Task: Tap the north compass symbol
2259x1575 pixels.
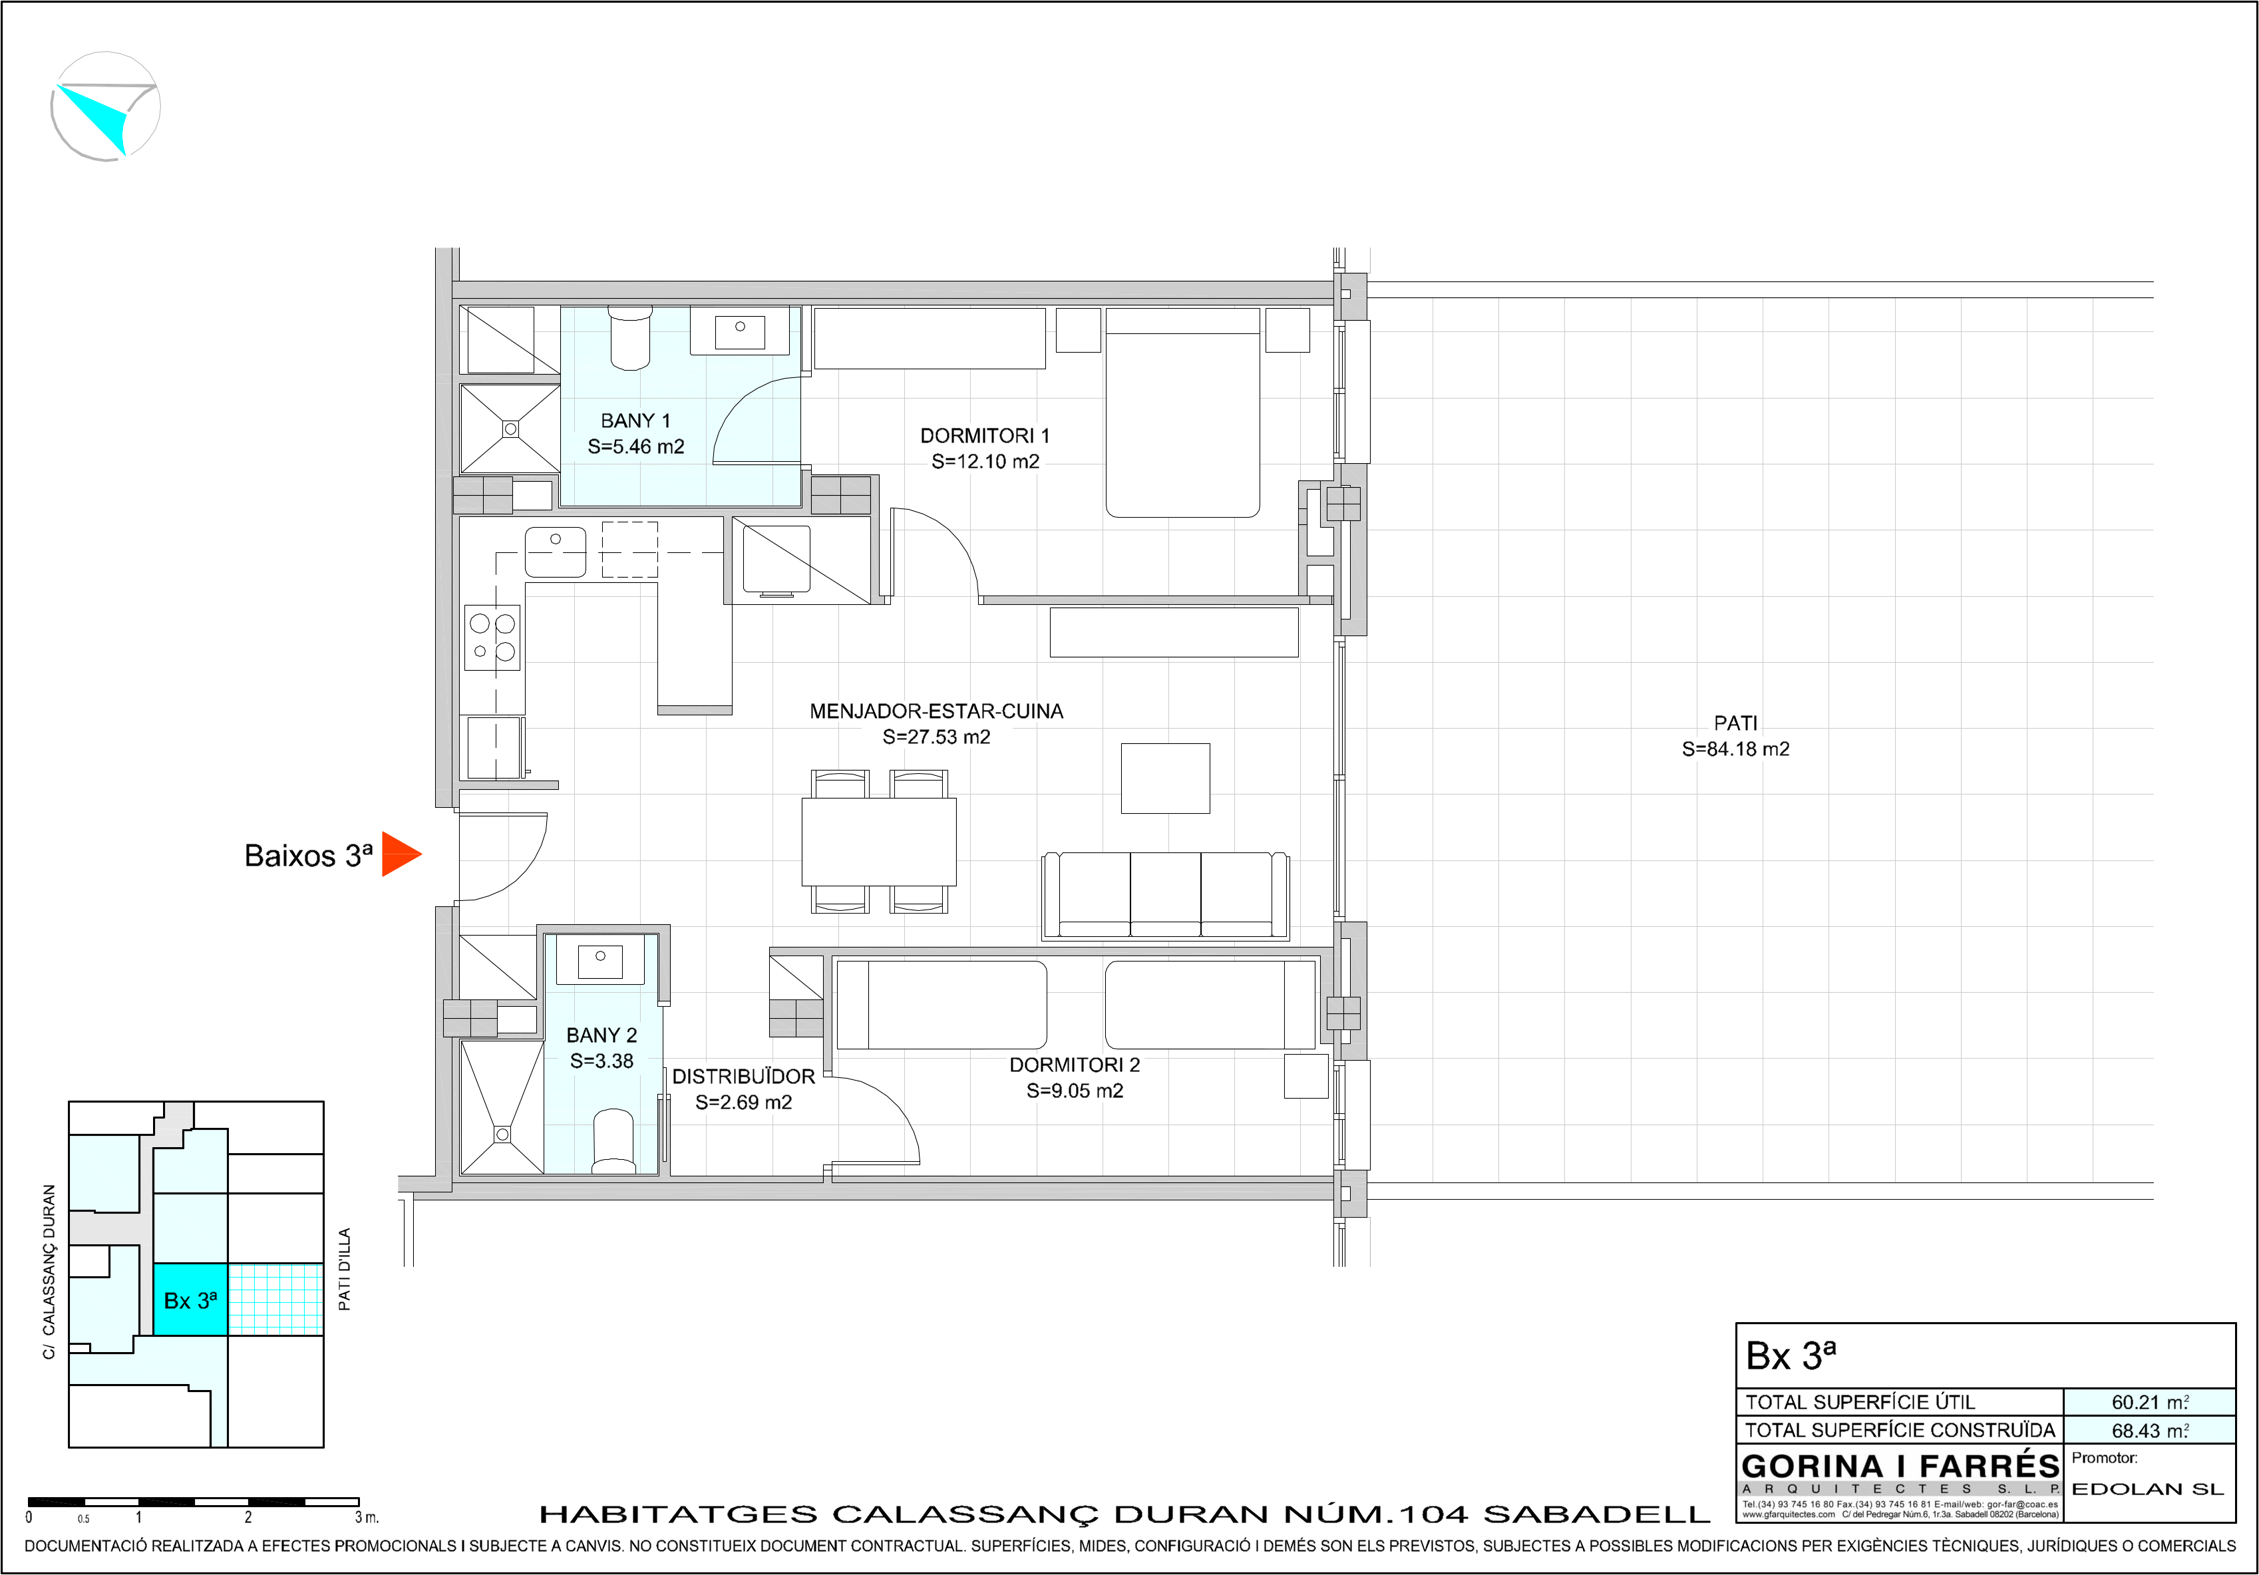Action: [105, 106]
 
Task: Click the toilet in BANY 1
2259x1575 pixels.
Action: [631, 337]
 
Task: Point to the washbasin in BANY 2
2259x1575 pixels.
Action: [600, 959]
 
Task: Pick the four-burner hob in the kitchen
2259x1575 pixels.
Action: [492, 637]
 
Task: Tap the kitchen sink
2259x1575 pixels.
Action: [555, 552]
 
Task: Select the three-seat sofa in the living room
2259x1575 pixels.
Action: [1165, 895]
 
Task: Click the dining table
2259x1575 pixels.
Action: [878, 842]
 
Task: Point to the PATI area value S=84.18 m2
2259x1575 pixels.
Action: [1735, 749]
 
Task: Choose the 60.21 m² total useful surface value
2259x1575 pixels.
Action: [2150, 1402]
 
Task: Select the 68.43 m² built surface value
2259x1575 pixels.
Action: [2150, 1431]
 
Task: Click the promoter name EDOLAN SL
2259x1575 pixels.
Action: [2147, 1489]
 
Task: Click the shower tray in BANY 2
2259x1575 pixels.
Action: [502, 1107]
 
